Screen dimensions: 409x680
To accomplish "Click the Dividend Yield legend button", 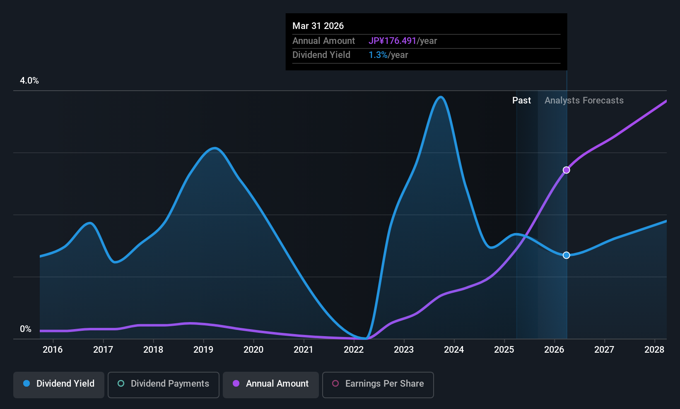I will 59,384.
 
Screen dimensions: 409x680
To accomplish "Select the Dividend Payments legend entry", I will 163,384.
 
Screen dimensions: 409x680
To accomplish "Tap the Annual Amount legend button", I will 271,384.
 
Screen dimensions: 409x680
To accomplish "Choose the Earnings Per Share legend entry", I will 378,384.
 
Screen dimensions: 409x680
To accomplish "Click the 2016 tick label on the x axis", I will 53,350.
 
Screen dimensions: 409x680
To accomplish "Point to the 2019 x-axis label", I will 203,350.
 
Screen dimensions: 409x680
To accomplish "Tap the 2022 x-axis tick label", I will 354,350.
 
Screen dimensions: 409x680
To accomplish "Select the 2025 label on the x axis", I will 504,350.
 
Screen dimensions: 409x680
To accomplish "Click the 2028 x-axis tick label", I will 654,350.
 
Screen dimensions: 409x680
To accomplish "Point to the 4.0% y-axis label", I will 29,81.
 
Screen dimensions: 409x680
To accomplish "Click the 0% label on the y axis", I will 26,329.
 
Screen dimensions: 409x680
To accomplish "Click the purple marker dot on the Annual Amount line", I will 566,170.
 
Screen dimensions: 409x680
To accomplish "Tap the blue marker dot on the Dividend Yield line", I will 566,255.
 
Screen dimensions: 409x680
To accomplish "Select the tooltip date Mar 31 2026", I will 318,26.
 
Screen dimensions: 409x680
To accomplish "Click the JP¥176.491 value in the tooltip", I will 392,41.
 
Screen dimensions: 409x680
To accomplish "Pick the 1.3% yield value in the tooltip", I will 378,55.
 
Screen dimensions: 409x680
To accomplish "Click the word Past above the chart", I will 521,101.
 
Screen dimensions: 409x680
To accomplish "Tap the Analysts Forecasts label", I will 584,101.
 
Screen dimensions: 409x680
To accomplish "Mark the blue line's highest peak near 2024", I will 441,97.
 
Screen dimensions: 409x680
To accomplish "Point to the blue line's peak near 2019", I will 214,148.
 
